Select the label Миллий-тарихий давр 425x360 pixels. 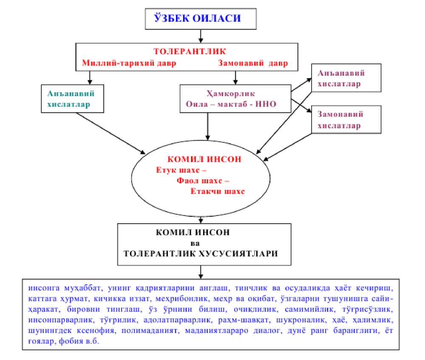(129, 63)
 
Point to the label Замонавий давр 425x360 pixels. (253, 63)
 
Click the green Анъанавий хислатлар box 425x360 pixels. (73, 98)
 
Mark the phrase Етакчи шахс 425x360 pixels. (218, 191)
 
